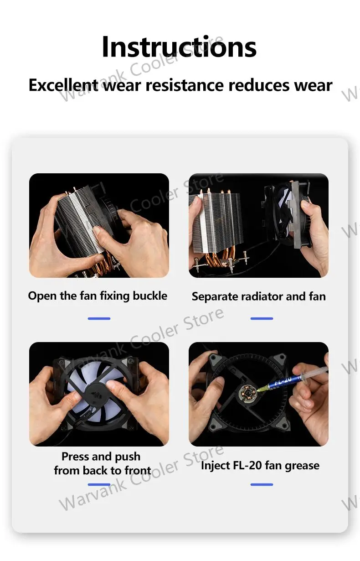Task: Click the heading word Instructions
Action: click(179, 47)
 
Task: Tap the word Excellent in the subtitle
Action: click(63, 85)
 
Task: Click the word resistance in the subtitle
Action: click(185, 85)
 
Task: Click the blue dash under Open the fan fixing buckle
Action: click(99, 318)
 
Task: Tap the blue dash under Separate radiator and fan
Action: click(262, 318)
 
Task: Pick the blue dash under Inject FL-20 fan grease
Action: click(262, 485)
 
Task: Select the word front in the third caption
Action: click(138, 470)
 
